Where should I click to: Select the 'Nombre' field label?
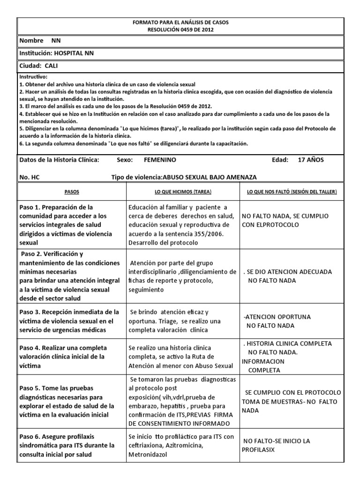click(31, 41)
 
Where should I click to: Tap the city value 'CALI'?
click(52, 66)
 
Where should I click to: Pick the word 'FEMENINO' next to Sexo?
click(160, 160)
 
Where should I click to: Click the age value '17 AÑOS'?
click(311, 160)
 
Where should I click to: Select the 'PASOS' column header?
click(71, 192)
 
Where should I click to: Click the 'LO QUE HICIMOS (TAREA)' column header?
click(182, 192)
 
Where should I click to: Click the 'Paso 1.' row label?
click(32, 207)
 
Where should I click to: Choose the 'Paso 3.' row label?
click(32, 312)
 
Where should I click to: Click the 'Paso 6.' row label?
click(32, 437)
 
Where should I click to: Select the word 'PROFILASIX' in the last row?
click(258, 450)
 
